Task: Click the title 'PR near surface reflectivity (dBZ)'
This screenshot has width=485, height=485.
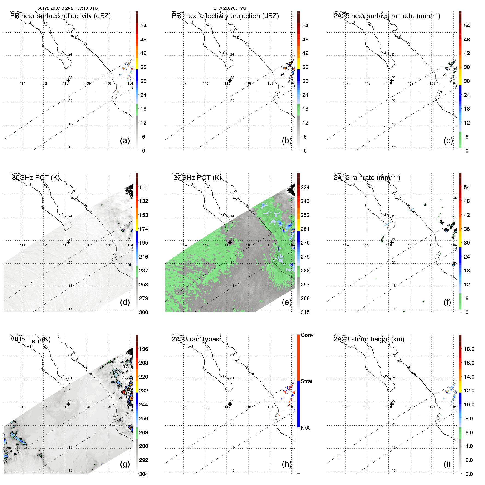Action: coord(60,16)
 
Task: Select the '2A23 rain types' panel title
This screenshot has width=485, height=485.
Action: coord(195,339)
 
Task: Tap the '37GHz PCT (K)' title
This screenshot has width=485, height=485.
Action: coord(197,178)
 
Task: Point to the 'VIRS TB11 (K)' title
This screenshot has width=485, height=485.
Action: coord(30,340)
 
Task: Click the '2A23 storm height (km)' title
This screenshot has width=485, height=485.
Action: coord(369,339)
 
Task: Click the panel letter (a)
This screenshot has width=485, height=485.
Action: coord(125,140)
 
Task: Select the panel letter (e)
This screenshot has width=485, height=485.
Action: coord(287,302)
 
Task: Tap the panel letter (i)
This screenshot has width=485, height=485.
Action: coord(447,464)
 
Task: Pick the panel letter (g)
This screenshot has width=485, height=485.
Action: coord(125,464)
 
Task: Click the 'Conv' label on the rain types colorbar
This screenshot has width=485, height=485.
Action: coord(307,335)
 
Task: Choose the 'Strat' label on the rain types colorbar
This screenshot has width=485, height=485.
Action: coord(306,381)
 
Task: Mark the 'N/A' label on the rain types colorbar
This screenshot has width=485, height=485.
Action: coord(305,428)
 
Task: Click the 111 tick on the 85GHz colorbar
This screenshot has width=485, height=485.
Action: coord(144,187)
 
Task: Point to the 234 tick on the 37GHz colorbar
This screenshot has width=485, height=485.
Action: coord(305,187)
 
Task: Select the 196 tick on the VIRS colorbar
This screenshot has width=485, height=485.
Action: coord(144,349)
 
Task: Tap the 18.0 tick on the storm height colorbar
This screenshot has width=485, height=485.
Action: coord(469,349)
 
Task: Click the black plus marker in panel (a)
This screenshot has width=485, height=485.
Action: coord(68,81)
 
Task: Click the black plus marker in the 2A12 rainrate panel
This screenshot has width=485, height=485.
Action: coord(392,242)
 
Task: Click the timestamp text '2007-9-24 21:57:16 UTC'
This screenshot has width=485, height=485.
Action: coord(74,8)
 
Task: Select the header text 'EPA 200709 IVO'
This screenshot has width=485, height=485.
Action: coord(230,8)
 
